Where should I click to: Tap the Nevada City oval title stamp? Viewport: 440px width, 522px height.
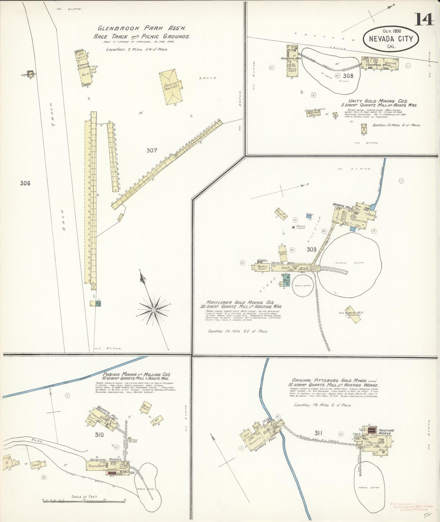point(391,39)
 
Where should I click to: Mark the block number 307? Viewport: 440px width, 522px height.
point(152,150)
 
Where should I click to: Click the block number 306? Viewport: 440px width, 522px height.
point(25,183)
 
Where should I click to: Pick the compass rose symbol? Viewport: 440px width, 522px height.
point(154,310)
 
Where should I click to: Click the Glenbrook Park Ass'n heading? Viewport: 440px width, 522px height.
point(141,28)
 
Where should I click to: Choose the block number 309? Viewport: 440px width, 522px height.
point(312,250)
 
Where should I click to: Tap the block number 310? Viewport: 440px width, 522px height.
point(99,435)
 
